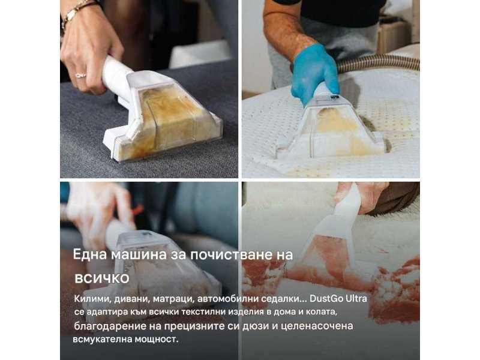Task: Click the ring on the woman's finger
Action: (x=80, y=75)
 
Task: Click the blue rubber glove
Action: (x=314, y=72)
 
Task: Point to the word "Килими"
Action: (x=92, y=299)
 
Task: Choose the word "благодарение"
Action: (x=106, y=326)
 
